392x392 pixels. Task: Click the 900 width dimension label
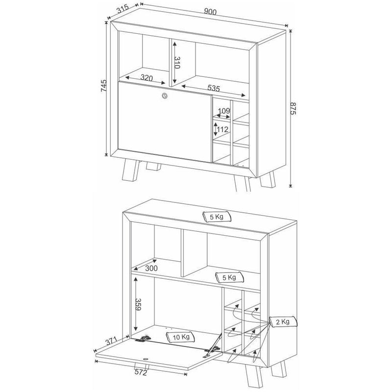pyautogui.click(x=210, y=12)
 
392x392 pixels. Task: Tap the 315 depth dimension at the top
pyautogui.click(x=123, y=9)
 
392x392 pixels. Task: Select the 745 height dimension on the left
pyautogui.click(x=103, y=86)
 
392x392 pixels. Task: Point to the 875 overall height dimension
pyautogui.click(x=293, y=108)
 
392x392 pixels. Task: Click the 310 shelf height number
pyautogui.click(x=177, y=63)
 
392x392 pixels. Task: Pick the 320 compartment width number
pyautogui.click(x=147, y=78)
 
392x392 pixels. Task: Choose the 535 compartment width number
pyautogui.click(x=214, y=88)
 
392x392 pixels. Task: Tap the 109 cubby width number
pyautogui.click(x=224, y=111)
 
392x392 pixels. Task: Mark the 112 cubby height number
pyautogui.click(x=222, y=129)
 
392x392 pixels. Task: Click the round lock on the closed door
pyautogui.click(x=165, y=96)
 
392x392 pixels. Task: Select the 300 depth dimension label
pyautogui.click(x=151, y=268)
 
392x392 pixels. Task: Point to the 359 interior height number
pyautogui.click(x=138, y=304)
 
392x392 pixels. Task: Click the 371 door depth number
pyautogui.click(x=111, y=341)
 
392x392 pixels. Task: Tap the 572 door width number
pyautogui.click(x=141, y=372)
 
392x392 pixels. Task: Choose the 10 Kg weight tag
pyautogui.click(x=180, y=337)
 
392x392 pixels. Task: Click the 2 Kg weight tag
pyautogui.click(x=283, y=321)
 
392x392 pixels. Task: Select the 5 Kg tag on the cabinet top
pyautogui.click(x=217, y=217)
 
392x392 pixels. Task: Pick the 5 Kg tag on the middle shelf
pyautogui.click(x=229, y=277)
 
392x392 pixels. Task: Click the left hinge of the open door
pyautogui.click(x=143, y=339)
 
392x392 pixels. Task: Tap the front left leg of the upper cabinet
pyautogui.click(x=130, y=171)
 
